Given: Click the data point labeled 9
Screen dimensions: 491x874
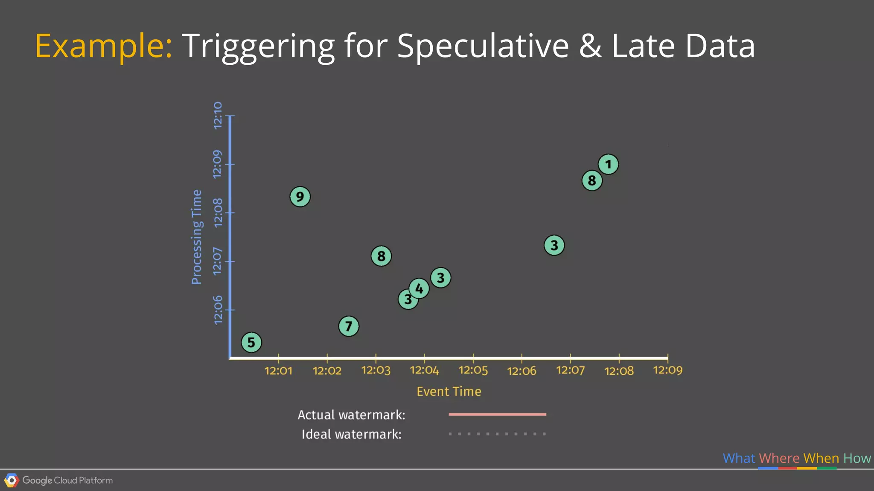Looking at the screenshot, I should (300, 197).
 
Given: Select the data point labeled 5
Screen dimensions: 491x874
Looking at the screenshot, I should (251, 342).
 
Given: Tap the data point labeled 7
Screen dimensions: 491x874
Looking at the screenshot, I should (349, 326).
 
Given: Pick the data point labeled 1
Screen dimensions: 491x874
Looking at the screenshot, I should (608, 165).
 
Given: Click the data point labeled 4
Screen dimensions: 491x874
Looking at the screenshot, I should (419, 289).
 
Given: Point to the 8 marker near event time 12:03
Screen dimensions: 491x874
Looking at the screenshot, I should (381, 256).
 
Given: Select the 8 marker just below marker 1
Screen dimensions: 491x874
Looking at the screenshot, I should (592, 181).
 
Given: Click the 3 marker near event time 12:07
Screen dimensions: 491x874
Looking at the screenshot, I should (554, 245).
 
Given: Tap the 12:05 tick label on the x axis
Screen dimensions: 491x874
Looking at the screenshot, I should (473, 370).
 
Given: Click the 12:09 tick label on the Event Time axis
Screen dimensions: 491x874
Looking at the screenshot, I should (667, 370).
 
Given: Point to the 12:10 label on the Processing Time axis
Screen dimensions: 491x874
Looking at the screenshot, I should (218, 116).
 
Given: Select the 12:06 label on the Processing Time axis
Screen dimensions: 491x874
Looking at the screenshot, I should (218, 310).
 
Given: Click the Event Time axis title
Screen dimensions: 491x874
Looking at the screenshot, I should (449, 392).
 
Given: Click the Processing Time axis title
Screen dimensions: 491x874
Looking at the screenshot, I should (196, 237).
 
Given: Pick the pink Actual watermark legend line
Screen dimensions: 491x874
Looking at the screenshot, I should (497, 414).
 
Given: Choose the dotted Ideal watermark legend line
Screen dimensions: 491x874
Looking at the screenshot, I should (497, 434).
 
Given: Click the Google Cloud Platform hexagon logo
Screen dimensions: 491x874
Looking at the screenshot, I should (12, 481).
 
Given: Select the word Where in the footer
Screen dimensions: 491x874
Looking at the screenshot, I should (779, 458).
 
